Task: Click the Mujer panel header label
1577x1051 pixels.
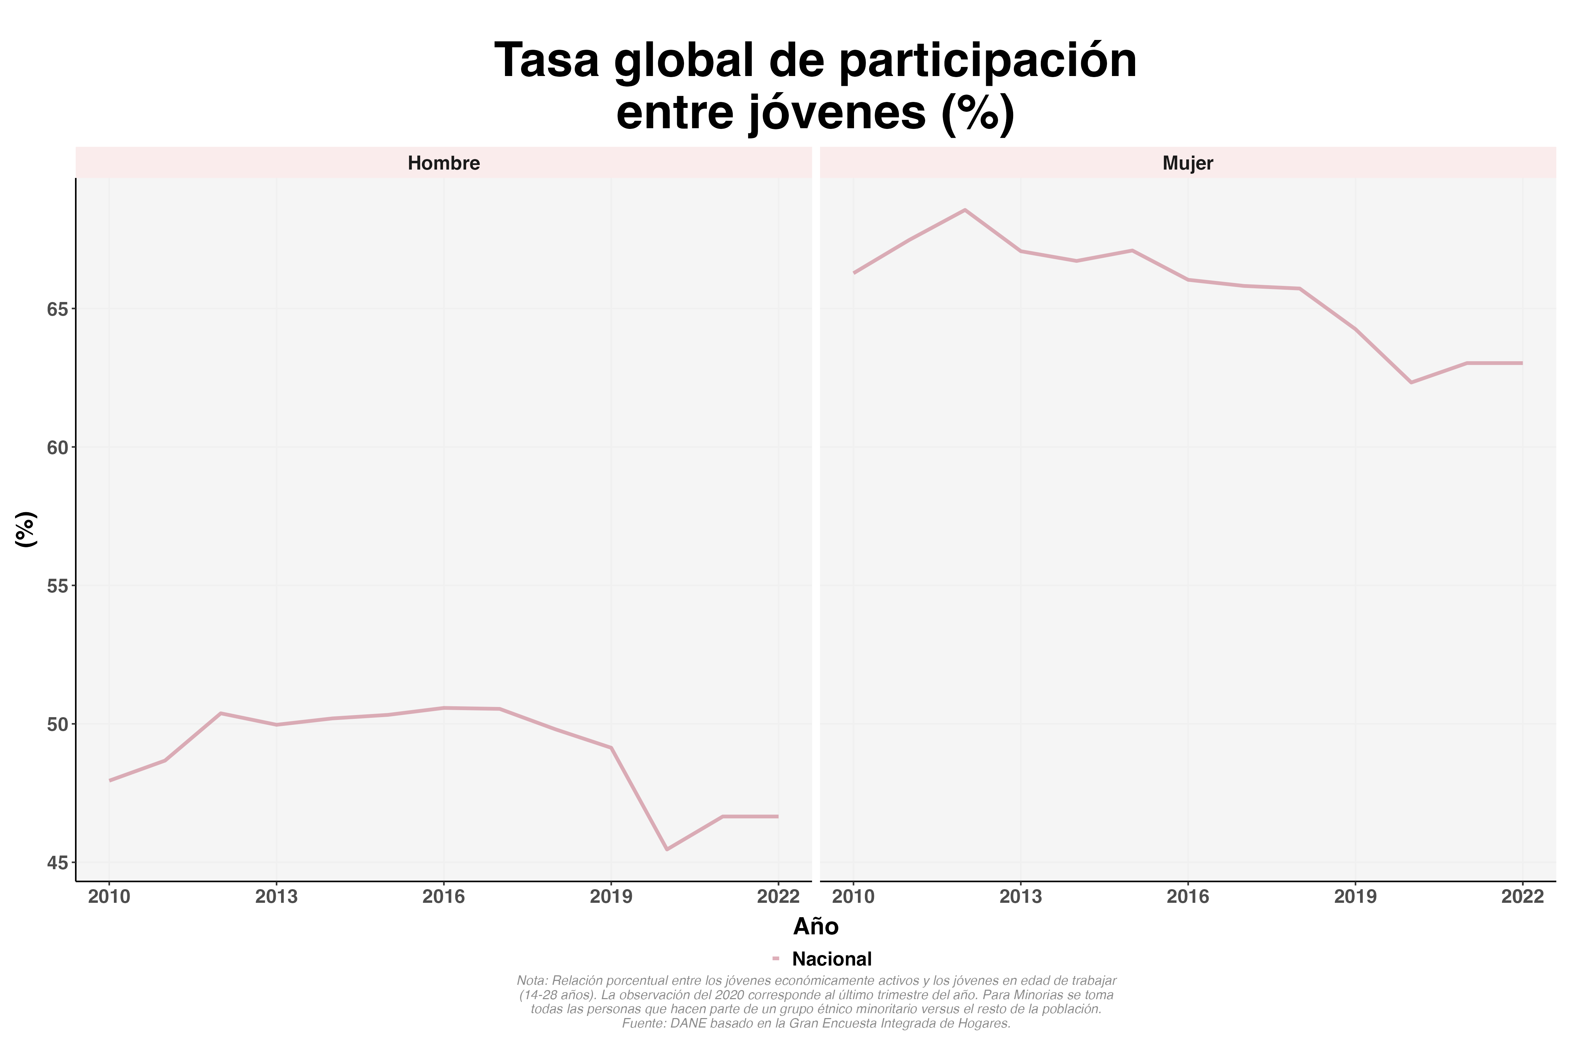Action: (1187, 163)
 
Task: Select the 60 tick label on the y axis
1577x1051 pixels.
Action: (58, 448)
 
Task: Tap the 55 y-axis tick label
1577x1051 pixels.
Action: (58, 586)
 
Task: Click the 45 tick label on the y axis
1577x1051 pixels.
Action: (58, 863)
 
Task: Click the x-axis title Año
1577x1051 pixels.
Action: (815, 926)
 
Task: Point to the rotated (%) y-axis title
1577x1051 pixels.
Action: (26, 529)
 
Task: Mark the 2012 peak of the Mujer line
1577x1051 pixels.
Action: (965, 210)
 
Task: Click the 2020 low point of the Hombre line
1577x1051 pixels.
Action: (667, 849)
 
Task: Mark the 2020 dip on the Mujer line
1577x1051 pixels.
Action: (1411, 383)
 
